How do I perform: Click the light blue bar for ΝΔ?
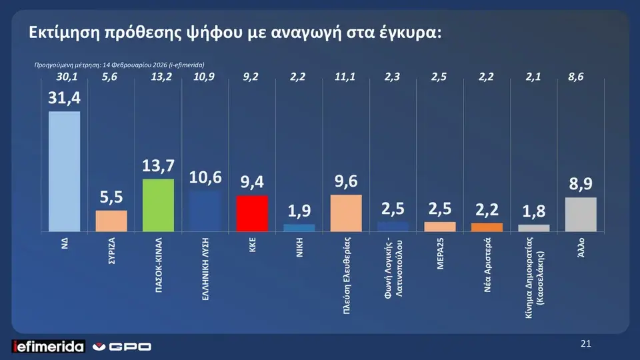(65, 171)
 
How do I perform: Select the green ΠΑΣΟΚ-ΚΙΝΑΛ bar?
(159, 205)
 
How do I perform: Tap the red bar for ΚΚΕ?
(253, 213)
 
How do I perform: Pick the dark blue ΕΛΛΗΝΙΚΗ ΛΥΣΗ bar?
(205, 211)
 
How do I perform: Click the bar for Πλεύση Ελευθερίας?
(346, 213)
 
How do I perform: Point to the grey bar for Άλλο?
(581, 215)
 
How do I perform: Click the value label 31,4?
(64, 99)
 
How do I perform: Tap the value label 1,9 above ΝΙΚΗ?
(299, 212)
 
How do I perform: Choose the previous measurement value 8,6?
(575, 78)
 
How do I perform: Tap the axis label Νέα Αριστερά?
(487, 259)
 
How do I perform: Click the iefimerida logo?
(49, 346)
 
